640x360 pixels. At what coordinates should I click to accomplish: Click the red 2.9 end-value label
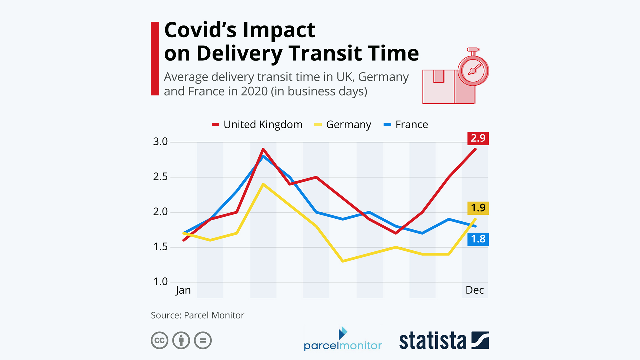click(x=478, y=138)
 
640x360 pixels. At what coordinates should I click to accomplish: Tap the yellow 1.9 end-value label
click(x=478, y=208)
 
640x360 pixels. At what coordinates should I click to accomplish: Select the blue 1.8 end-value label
click(x=478, y=239)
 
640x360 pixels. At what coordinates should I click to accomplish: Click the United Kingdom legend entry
click(x=257, y=125)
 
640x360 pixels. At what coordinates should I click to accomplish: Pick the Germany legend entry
click(x=343, y=125)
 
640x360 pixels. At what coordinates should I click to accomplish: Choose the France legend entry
click(x=406, y=125)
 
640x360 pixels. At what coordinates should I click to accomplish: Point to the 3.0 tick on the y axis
click(x=160, y=142)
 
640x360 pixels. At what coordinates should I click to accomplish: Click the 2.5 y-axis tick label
click(x=160, y=177)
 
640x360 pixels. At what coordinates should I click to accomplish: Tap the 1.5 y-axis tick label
click(x=160, y=247)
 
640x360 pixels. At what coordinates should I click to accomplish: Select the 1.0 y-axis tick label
click(x=160, y=282)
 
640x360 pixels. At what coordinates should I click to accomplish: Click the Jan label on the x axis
click(x=183, y=290)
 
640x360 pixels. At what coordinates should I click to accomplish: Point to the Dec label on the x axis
click(x=475, y=290)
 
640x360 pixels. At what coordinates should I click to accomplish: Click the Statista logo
click(x=444, y=340)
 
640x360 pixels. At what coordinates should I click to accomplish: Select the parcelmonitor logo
click(x=343, y=339)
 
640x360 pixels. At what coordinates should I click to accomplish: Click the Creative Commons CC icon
click(x=160, y=340)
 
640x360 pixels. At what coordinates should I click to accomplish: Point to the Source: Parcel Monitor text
click(x=197, y=315)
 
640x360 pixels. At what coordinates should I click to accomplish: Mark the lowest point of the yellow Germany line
click(x=343, y=261)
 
